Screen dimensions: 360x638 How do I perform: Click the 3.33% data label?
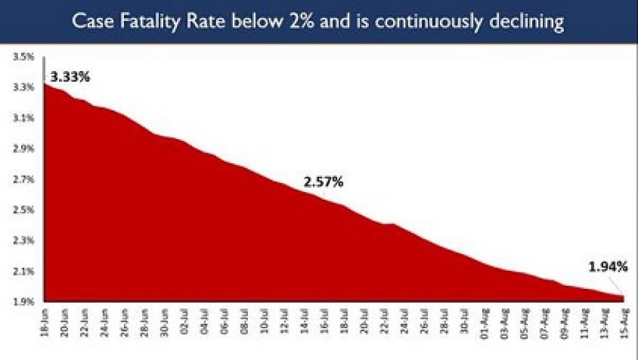(71, 78)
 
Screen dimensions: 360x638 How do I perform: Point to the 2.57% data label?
(323, 182)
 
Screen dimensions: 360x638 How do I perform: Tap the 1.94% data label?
(608, 268)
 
